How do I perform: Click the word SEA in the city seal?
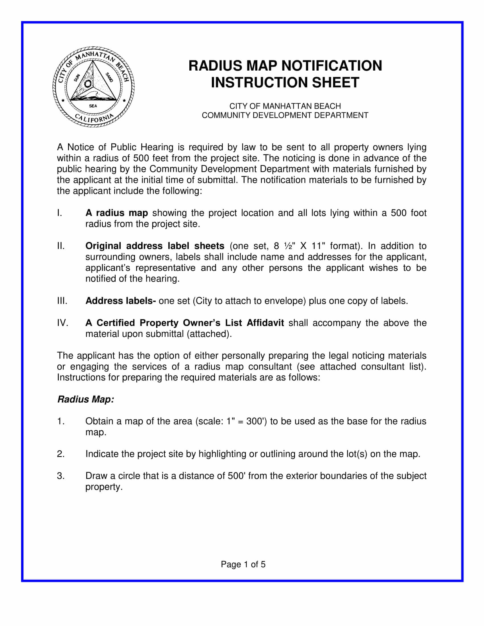(93, 106)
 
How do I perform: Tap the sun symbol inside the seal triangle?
(88, 83)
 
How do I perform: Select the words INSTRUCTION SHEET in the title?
(285, 83)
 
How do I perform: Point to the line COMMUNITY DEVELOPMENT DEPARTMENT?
(285, 115)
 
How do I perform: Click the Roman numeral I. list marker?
(59, 213)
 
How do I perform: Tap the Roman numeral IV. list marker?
(63, 323)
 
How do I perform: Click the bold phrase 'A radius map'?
(116, 213)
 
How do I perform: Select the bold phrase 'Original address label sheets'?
(155, 246)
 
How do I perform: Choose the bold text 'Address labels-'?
(120, 301)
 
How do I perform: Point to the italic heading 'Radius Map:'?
(86, 399)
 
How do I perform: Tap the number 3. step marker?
(60, 476)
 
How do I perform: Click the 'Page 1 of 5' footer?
(243, 564)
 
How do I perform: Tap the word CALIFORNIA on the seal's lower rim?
(93, 118)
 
